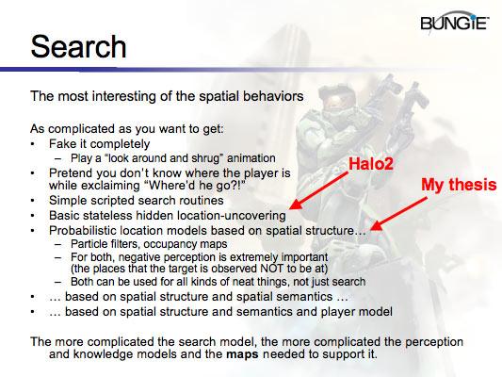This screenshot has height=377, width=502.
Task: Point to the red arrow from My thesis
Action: coord(404,209)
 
